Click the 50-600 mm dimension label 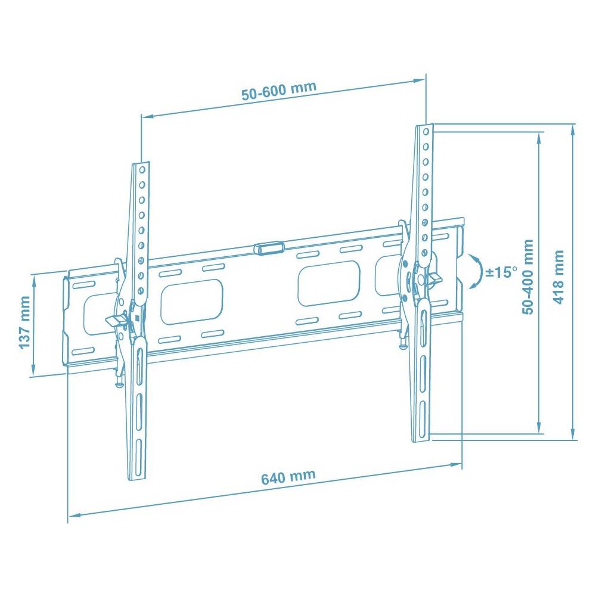coord(279,91)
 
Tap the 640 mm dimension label coord(288,477)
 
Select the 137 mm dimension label coord(24,322)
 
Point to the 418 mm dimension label coord(558,277)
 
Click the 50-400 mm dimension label coord(528,277)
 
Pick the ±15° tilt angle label coord(501,272)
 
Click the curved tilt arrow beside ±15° coord(477,271)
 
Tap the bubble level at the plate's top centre coord(269,247)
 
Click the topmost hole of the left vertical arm coord(142,169)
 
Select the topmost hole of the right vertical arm coord(426,132)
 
